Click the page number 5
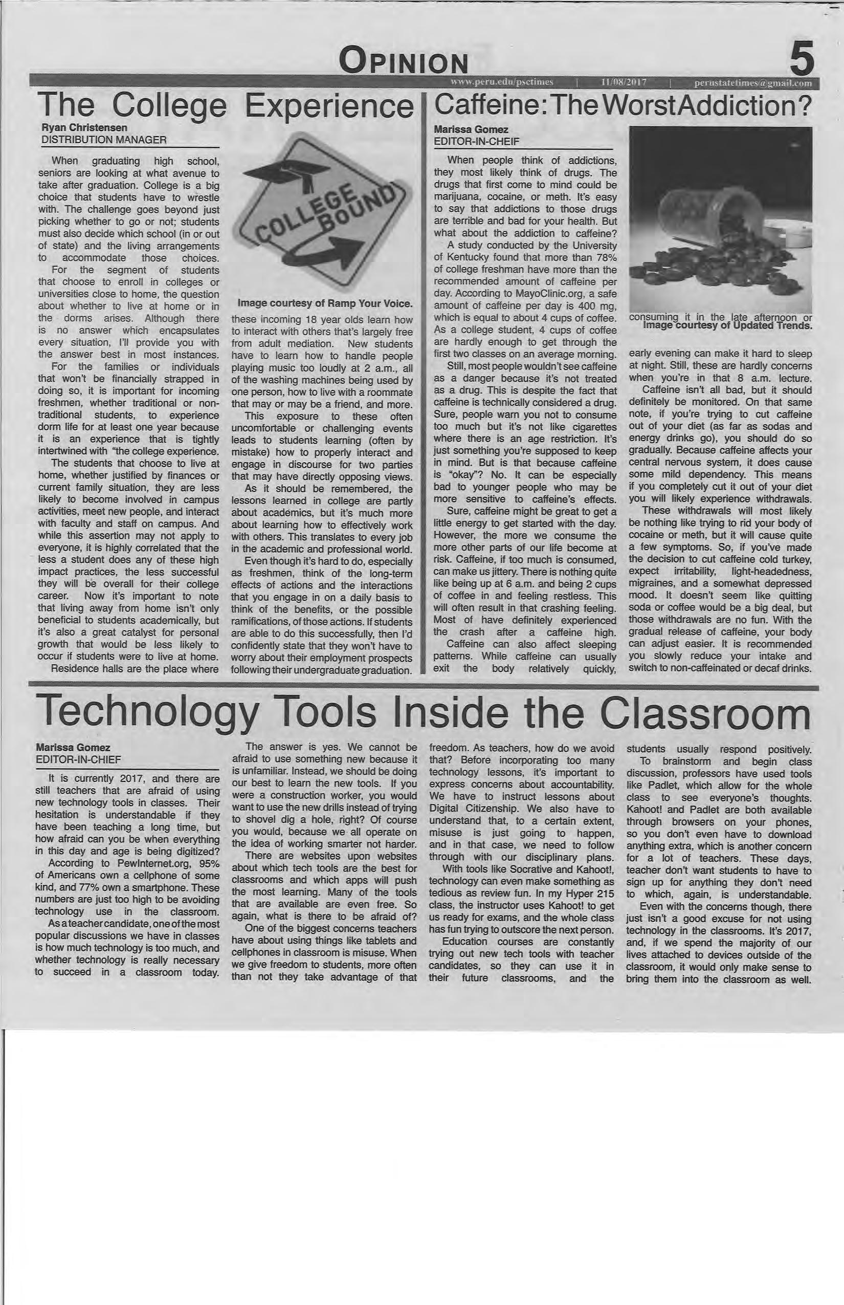pos(801,60)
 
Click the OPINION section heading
pos(405,61)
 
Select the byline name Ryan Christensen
pos(84,128)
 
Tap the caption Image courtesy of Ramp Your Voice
pos(325,303)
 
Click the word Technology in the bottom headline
pos(148,713)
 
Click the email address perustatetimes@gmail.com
pos(752,83)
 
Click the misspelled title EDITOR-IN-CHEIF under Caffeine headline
pos(476,141)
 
